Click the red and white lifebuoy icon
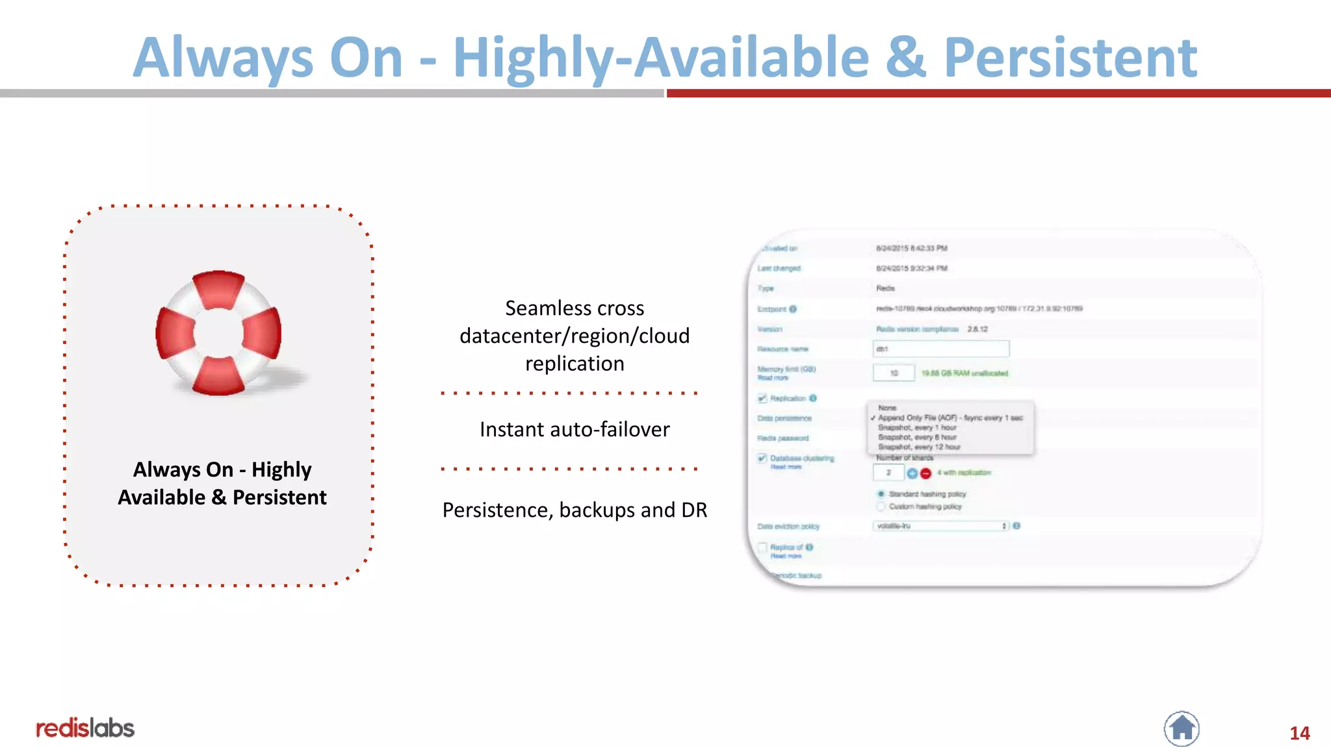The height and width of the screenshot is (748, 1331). click(219, 332)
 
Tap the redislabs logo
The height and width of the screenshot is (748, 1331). click(85, 728)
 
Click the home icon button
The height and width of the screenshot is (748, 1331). click(1182, 728)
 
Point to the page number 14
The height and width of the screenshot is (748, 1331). click(1299, 733)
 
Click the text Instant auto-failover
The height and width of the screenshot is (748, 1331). click(575, 429)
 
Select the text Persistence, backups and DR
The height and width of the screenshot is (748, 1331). click(575, 510)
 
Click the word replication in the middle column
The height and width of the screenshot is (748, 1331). click(575, 364)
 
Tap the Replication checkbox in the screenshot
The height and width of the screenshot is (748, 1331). click(762, 398)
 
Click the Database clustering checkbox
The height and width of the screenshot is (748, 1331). click(762, 458)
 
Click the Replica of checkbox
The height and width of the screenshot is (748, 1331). click(762, 547)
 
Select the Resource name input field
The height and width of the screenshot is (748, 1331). click(940, 349)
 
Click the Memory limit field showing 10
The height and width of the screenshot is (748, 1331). click(894, 373)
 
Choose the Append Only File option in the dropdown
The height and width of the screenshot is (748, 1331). click(950, 418)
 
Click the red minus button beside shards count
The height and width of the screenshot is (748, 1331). click(926, 473)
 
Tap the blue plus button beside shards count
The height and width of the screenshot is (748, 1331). click(912, 473)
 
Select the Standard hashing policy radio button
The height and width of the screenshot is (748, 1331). click(881, 494)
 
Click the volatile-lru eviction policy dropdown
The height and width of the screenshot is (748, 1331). click(940, 526)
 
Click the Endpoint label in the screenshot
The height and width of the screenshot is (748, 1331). click(772, 309)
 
